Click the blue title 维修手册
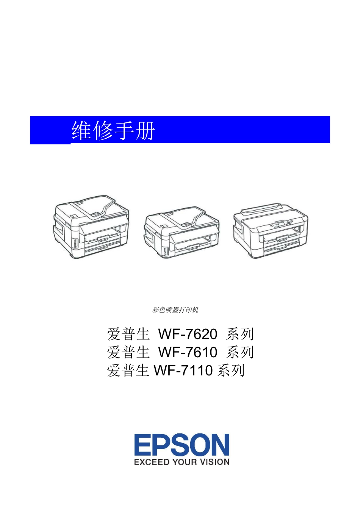[113, 131]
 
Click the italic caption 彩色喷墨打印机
[175, 310]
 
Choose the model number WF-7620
[188, 334]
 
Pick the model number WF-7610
[188, 352]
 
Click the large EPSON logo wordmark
[182, 445]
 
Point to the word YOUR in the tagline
[185, 462]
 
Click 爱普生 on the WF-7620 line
[128, 334]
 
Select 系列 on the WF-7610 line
[240, 352]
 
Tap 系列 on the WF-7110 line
[231, 370]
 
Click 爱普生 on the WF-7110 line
[128, 370]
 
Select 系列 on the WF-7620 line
[240, 334]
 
